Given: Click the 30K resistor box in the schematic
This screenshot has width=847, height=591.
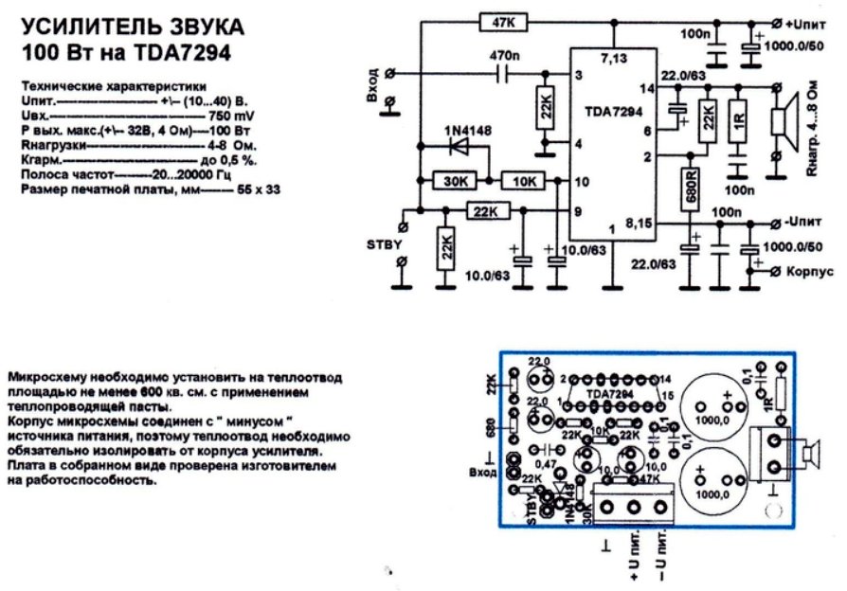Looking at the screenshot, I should [454, 180].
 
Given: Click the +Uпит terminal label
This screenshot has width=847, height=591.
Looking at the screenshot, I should [810, 21].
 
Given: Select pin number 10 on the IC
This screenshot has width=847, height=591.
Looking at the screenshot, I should [585, 180].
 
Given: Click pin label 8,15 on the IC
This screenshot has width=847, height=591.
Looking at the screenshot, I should [640, 224].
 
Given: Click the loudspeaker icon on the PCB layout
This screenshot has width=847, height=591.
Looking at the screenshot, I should [807, 456].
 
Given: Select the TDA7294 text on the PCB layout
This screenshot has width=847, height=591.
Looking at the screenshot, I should [610, 392].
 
